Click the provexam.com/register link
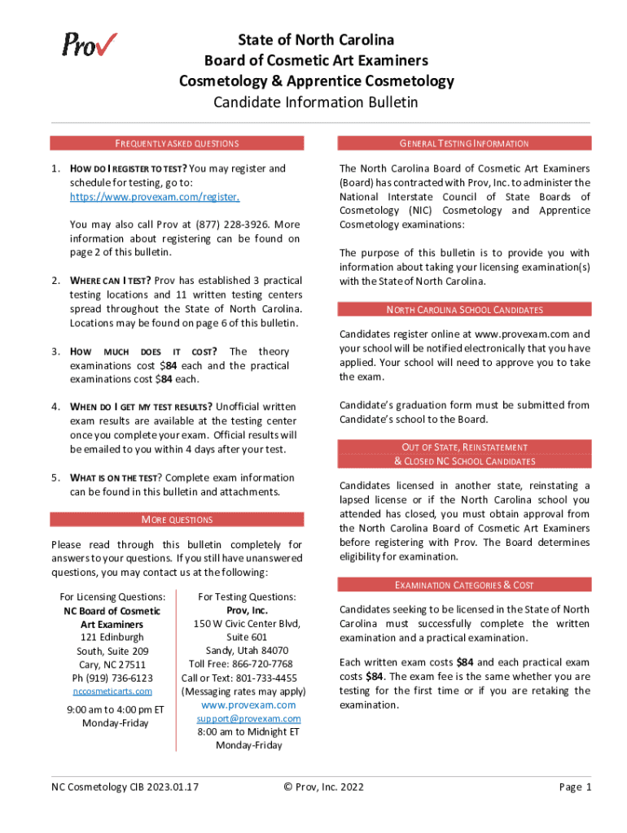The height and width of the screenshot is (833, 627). pos(155,197)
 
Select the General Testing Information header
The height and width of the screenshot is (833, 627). pos(464,144)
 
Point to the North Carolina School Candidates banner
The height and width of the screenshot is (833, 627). pos(464,310)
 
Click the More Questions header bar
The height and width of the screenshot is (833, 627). pos(177,519)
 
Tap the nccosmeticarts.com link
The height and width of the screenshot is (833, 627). pos(112,691)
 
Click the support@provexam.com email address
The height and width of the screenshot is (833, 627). pos(248,718)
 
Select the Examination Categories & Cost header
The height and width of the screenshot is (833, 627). pos(464,585)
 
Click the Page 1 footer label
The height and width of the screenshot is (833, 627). pos(575,787)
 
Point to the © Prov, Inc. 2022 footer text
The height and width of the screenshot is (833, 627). pos(323,787)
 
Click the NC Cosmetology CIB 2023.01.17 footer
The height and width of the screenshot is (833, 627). pos(125,787)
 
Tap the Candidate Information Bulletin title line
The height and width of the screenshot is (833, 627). pos(316,102)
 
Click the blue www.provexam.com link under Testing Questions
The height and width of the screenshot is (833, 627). pos(248,704)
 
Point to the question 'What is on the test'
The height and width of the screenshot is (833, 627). pos(116,478)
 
